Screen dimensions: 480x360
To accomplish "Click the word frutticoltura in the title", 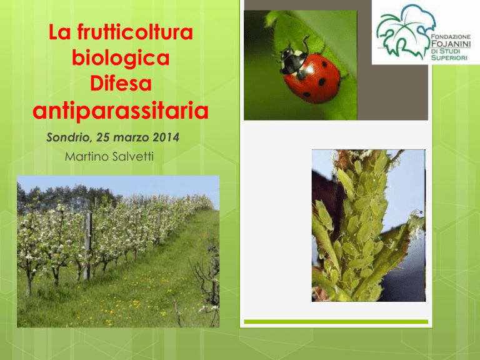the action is coord(135,32).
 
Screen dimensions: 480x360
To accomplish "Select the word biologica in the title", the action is coord(121,57).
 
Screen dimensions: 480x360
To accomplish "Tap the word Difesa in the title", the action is coord(121,83).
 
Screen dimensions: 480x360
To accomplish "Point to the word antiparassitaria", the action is coord(121,111).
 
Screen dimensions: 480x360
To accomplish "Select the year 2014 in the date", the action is coord(166,137).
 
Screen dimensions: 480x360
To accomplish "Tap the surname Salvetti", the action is coord(133,156).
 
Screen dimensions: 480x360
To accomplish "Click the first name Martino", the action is coord(87,156).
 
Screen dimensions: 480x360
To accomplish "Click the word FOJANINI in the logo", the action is coord(451,44).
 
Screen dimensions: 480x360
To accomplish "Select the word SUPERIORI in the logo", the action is coord(449,57).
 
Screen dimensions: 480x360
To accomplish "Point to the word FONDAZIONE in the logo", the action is coord(451,36).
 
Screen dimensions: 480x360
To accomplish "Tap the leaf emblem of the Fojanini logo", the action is coord(405,31).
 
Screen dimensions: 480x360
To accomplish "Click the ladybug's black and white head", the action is coord(292,60).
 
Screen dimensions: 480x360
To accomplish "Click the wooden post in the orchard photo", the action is coord(87,246).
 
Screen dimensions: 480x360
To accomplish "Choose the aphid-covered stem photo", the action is coord(369,226).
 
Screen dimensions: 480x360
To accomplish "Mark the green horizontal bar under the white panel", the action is coord(336,322).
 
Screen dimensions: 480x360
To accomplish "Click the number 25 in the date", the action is coord(103,137).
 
